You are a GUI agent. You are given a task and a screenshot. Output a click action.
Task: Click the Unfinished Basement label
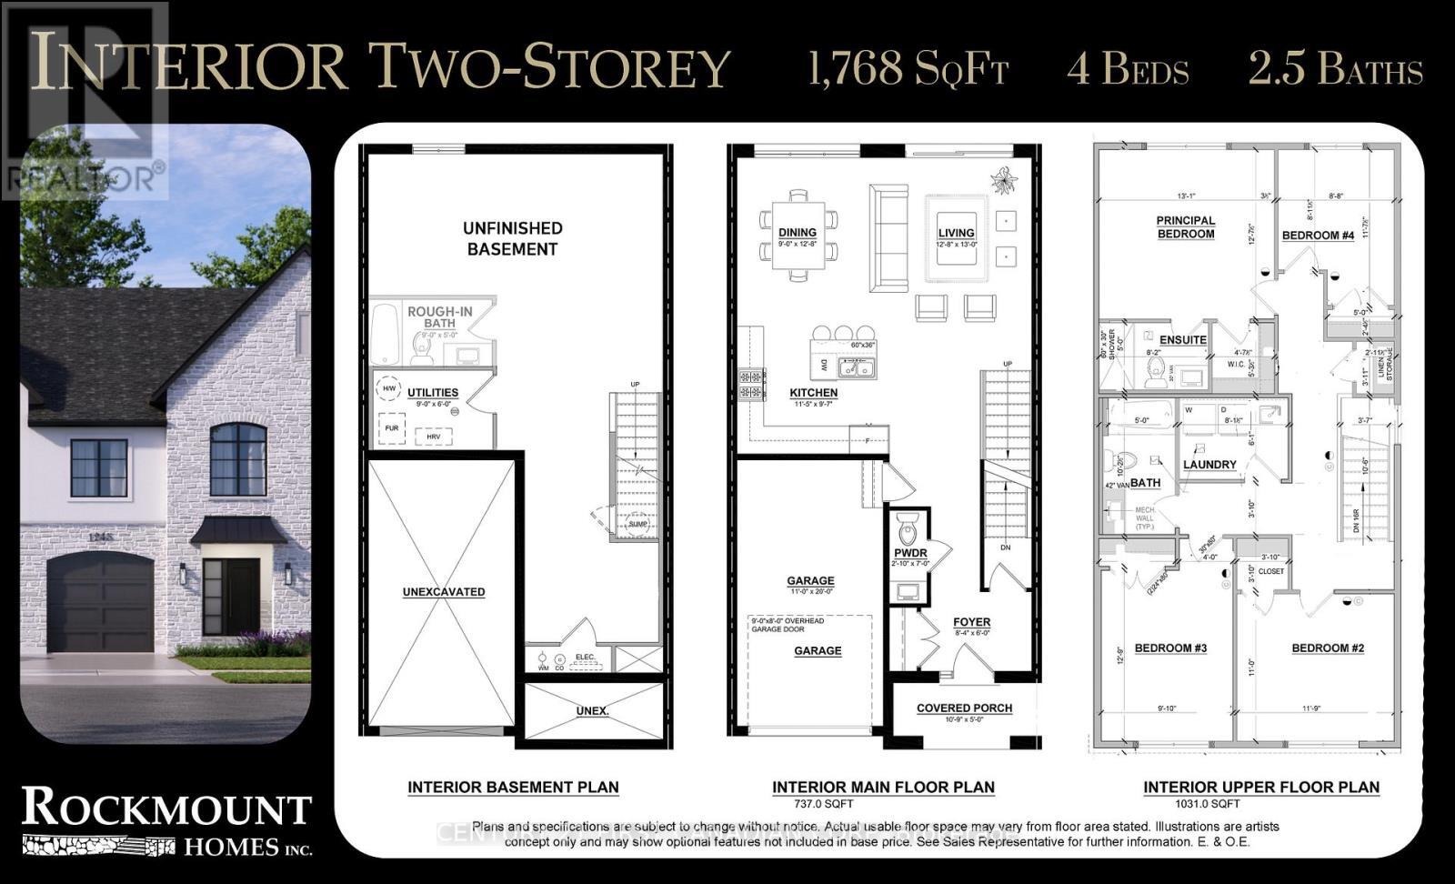tap(512, 238)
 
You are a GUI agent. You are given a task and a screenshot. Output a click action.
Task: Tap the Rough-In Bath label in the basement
tap(439, 316)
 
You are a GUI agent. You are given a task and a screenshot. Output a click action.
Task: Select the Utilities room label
tap(432, 392)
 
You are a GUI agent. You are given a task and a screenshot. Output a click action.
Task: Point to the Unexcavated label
tap(444, 592)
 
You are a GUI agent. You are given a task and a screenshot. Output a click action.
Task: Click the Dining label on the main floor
tap(797, 233)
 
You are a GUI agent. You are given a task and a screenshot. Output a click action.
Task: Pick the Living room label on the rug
tap(957, 233)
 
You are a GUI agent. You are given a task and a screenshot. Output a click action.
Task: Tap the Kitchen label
tap(813, 393)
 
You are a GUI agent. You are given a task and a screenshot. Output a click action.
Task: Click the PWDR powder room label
tap(910, 553)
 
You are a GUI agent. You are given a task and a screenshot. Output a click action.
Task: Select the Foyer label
tap(971, 623)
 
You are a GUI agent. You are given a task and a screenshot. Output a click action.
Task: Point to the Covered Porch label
tap(964, 708)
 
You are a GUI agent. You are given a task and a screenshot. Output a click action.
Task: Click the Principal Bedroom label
tap(1185, 227)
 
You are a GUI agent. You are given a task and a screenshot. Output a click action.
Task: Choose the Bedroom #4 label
tap(1318, 236)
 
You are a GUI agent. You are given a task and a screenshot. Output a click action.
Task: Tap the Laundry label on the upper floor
tap(1209, 465)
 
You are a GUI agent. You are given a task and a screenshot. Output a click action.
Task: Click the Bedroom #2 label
tap(1328, 648)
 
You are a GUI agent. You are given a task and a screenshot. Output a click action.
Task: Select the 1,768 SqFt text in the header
tap(908, 69)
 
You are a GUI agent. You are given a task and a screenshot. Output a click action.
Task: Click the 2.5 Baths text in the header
tap(1334, 69)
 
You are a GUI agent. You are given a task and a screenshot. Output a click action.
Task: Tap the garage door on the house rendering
tap(100, 605)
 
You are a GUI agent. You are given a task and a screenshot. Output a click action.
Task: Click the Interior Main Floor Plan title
tap(883, 788)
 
